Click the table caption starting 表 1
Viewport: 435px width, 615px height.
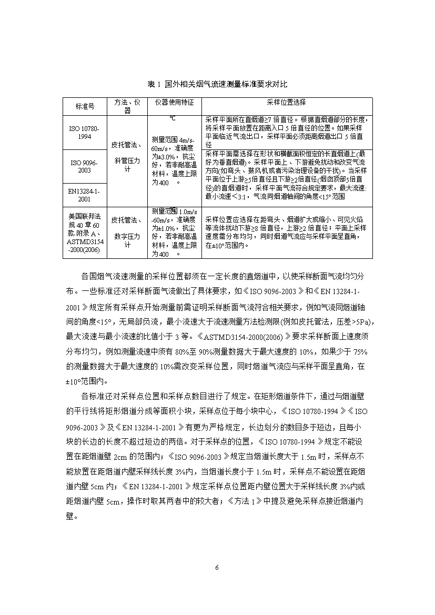(217, 84)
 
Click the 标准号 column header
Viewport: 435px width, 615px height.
(84, 106)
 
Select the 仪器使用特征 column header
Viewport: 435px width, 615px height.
(173, 102)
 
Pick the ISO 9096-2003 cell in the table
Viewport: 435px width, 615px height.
(84, 166)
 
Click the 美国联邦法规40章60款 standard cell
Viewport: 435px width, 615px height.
(84, 233)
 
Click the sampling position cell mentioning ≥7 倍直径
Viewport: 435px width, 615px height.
(288, 132)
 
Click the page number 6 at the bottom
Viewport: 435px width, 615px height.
(217, 568)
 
